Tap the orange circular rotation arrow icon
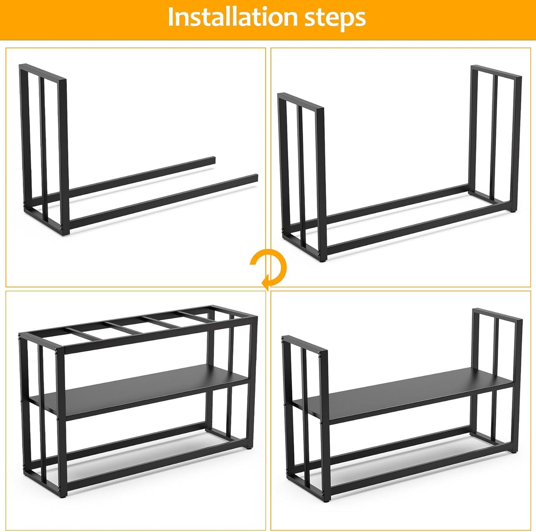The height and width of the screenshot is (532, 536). [268, 267]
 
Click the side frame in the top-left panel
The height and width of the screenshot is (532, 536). [43, 148]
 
